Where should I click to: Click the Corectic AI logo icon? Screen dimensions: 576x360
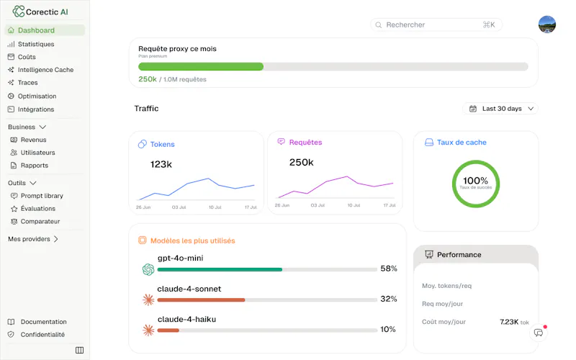(19, 12)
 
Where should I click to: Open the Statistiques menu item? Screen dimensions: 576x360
(36, 44)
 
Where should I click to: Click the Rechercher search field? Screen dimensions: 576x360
(436, 24)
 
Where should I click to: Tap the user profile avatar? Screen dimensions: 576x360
(547, 24)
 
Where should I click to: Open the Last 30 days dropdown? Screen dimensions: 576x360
(500, 109)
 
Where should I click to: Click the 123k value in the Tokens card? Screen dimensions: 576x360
(161, 164)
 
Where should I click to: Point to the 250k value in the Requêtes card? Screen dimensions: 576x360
(301, 163)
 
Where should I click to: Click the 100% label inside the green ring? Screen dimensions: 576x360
(475, 181)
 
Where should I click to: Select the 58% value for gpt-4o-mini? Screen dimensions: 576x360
(389, 269)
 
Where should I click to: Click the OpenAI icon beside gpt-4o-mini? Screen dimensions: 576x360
(148, 269)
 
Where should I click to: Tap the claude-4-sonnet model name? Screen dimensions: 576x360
(189, 289)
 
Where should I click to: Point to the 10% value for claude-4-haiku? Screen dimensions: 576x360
(388, 329)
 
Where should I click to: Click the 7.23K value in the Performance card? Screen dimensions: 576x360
(509, 322)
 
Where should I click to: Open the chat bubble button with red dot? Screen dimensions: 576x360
(539, 333)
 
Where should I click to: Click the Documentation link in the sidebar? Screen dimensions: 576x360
(43, 322)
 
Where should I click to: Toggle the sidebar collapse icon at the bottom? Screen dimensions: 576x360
(79, 350)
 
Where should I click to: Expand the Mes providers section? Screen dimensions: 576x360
(33, 239)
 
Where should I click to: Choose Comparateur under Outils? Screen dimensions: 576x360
(40, 222)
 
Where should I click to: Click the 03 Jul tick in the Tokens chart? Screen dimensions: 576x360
(179, 207)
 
